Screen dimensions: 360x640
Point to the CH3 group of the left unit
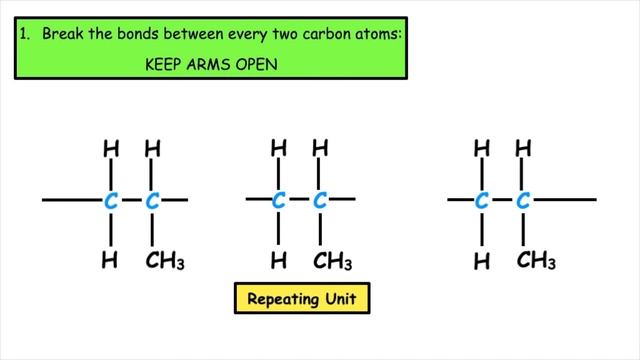click(x=166, y=262)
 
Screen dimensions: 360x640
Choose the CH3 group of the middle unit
click(x=333, y=262)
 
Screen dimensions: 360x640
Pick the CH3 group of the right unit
click(x=536, y=262)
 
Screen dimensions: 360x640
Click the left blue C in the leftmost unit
click(x=111, y=201)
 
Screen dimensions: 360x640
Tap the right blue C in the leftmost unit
click(x=152, y=201)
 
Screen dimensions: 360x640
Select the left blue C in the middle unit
click(x=279, y=201)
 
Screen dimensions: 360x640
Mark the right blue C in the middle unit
click(x=320, y=201)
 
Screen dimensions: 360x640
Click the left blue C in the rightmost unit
click(x=481, y=201)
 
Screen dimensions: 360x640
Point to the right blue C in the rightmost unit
click(x=522, y=201)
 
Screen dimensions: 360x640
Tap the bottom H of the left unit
click(x=111, y=262)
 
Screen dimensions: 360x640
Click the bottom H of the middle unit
click(x=279, y=262)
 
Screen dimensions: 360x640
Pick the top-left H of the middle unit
click(x=279, y=148)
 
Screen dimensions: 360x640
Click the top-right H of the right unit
click(x=522, y=148)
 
